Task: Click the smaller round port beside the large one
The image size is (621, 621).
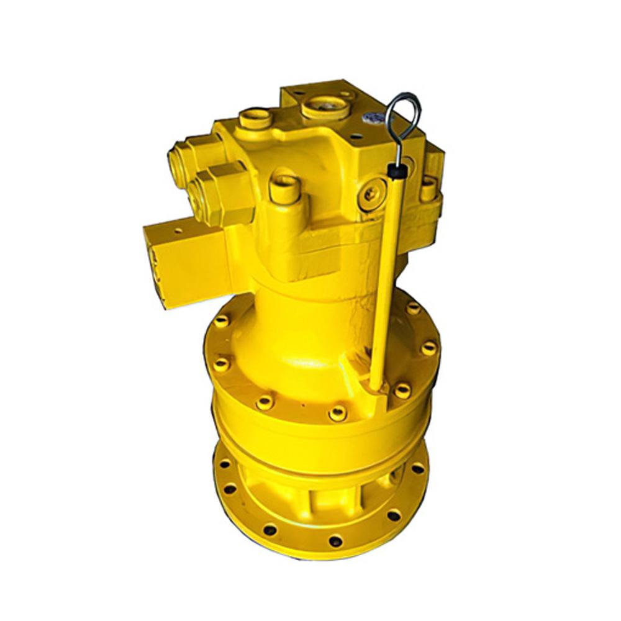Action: click(255, 117)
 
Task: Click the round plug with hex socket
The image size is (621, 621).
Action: click(371, 194)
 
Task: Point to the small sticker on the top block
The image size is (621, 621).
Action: click(376, 117)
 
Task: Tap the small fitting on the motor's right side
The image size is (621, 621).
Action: click(428, 189)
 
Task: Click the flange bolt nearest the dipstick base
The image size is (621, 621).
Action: click(402, 391)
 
